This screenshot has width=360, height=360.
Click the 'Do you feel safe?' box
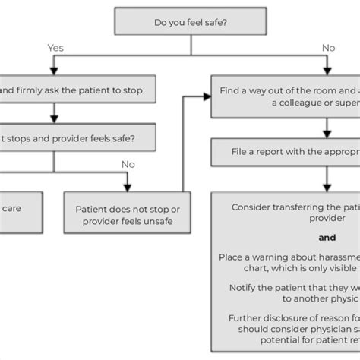pyautogui.click(x=190, y=23)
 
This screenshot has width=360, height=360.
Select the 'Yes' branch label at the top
pyautogui.click(x=55, y=48)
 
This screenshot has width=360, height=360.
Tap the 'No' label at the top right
pyautogui.click(x=328, y=48)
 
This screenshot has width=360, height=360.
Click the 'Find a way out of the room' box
pyautogui.click(x=286, y=96)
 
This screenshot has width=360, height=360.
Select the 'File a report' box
pyautogui.click(x=286, y=151)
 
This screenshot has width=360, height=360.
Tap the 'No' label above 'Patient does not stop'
pyautogui.click(x=128, y=163)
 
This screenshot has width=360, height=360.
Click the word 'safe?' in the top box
pyautogui.click(x=213, y=23)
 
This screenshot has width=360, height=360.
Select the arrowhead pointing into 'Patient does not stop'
pyautogui.click(x=128, y=187)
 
